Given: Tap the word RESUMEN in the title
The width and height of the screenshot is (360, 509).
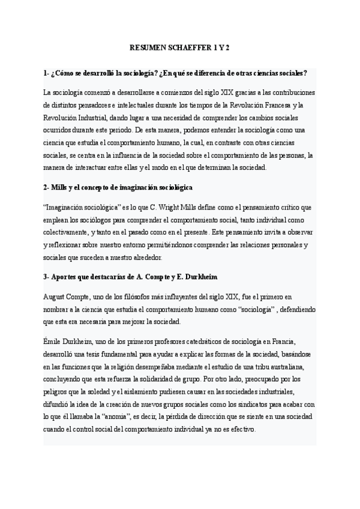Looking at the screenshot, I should [x=146, y=47].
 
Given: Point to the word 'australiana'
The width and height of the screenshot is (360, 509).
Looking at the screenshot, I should [x=288, y=367].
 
